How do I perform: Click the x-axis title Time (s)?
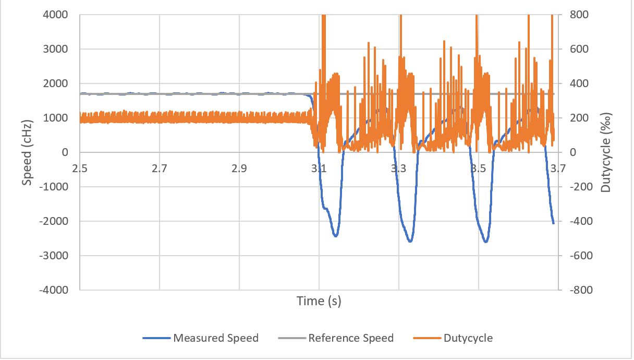[319, 301]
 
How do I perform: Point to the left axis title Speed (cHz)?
[27, 152]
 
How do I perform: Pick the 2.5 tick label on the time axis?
[80, 169]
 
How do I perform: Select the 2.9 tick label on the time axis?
[239, 169]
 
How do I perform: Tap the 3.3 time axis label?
[399, 169]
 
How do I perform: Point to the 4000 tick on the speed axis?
[56, 15]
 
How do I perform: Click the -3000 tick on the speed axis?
[55, 256]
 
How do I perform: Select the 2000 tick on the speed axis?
[56, 83]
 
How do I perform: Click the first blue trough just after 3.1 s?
[336, 236]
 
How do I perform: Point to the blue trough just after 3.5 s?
[486, 242]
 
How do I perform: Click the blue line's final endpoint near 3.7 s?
[553, 223]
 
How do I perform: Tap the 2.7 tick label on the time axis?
[160, 169]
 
